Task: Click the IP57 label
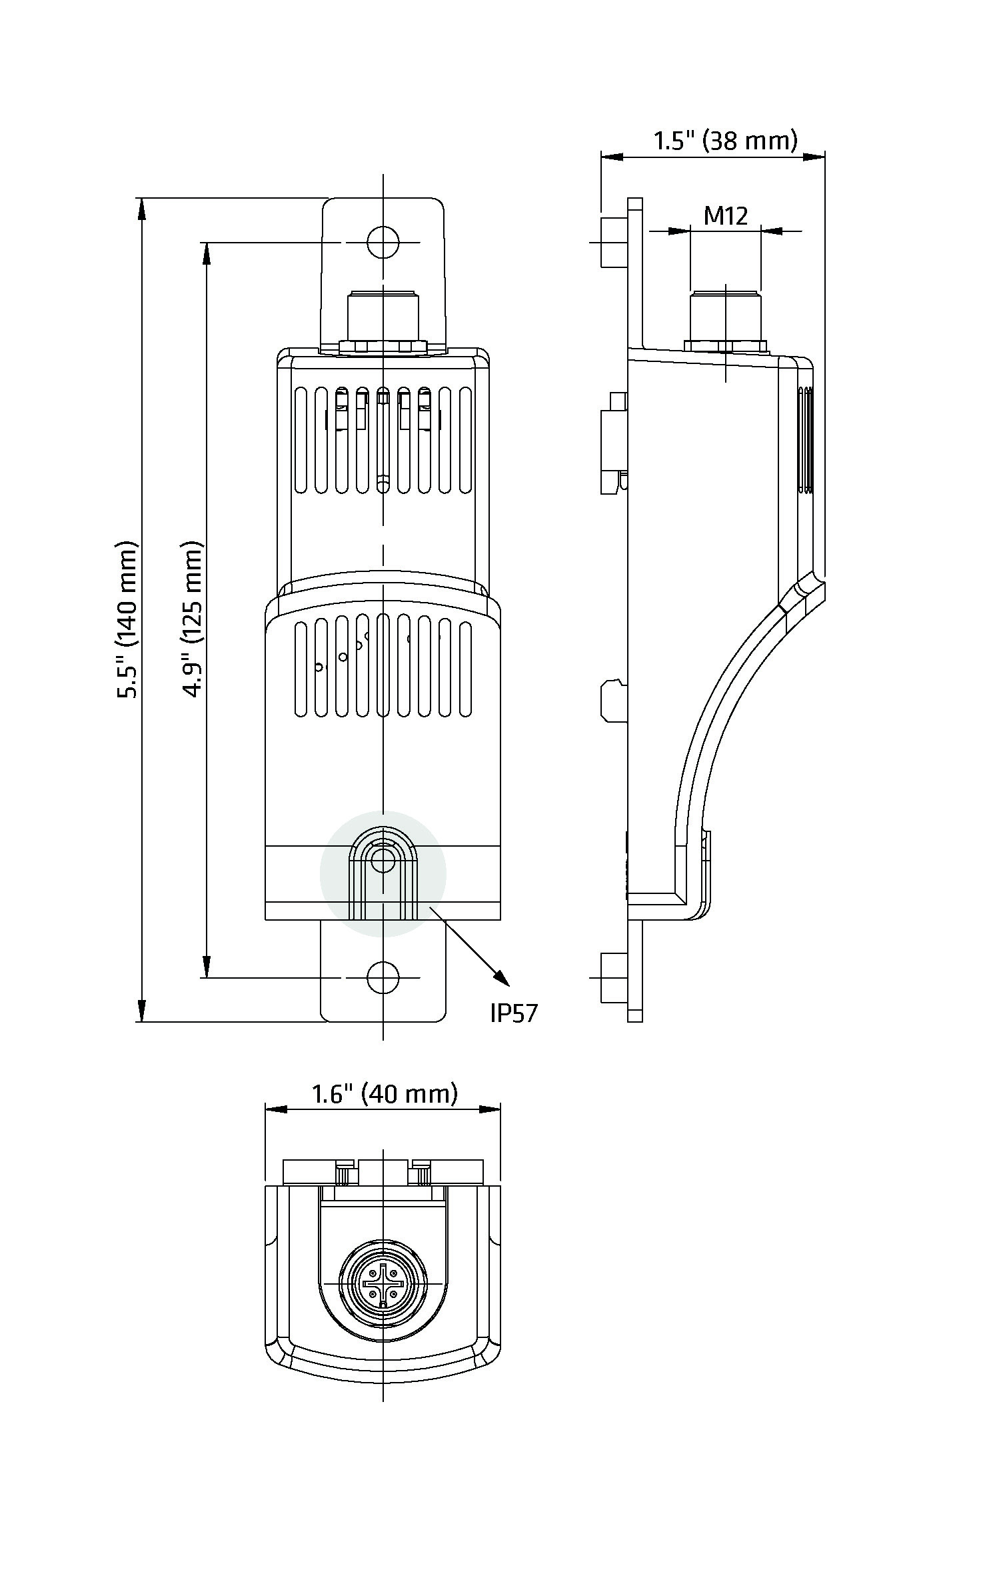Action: coord(513,1013)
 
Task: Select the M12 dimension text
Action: coord(726,215)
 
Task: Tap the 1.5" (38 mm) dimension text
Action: coord(725,141)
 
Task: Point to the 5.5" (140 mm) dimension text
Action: coord(127,619)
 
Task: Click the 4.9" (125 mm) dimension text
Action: coord(193,619)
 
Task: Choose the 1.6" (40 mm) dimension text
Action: coord(385,1094)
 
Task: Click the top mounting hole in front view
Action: coord(383,242)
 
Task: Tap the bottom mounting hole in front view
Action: coord(383,978)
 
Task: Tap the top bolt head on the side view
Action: coord(614,241)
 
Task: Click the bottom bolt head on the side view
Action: coord(614,978)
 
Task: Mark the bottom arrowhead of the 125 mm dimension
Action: coord(207,967)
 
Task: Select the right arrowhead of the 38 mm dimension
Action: coord(814,157)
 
